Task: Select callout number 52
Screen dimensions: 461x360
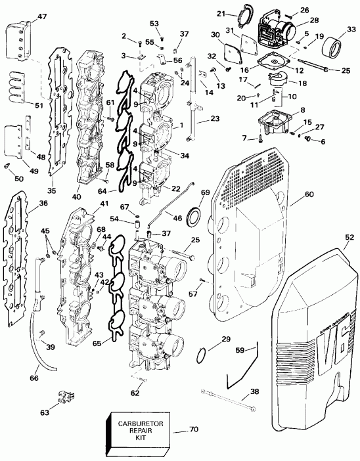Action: tap(348, 237)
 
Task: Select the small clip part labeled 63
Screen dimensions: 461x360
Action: tap(65, 397)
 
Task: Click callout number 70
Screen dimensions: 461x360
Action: tap(193, 431)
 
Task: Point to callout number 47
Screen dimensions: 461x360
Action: tap(24, 16)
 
